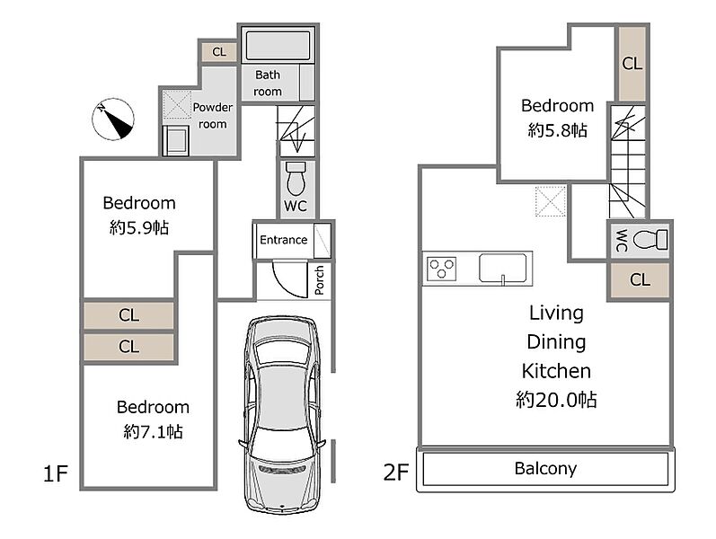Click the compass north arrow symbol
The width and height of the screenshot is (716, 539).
113,119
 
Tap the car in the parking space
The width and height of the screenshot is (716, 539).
282,414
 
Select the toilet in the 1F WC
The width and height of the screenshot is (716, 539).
296,178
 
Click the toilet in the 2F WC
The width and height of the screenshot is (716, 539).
650,239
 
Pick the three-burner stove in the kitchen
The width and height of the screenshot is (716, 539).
441,268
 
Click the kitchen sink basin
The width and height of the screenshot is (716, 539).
503,268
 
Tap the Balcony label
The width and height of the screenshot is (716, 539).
545,468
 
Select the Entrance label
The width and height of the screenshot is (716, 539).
283,240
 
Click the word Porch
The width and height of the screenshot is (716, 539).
319,280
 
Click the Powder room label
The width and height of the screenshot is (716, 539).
212,116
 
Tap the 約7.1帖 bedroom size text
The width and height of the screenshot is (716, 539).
153,432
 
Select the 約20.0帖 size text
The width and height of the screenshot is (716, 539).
556,400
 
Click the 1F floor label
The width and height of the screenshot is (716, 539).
56,473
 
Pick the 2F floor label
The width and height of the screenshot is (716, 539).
395,473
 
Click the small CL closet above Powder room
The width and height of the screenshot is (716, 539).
219,51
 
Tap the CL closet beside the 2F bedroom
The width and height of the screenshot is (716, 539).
632,64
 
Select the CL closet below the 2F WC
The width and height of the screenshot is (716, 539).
640,279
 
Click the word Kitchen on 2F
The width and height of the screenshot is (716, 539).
556,371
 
